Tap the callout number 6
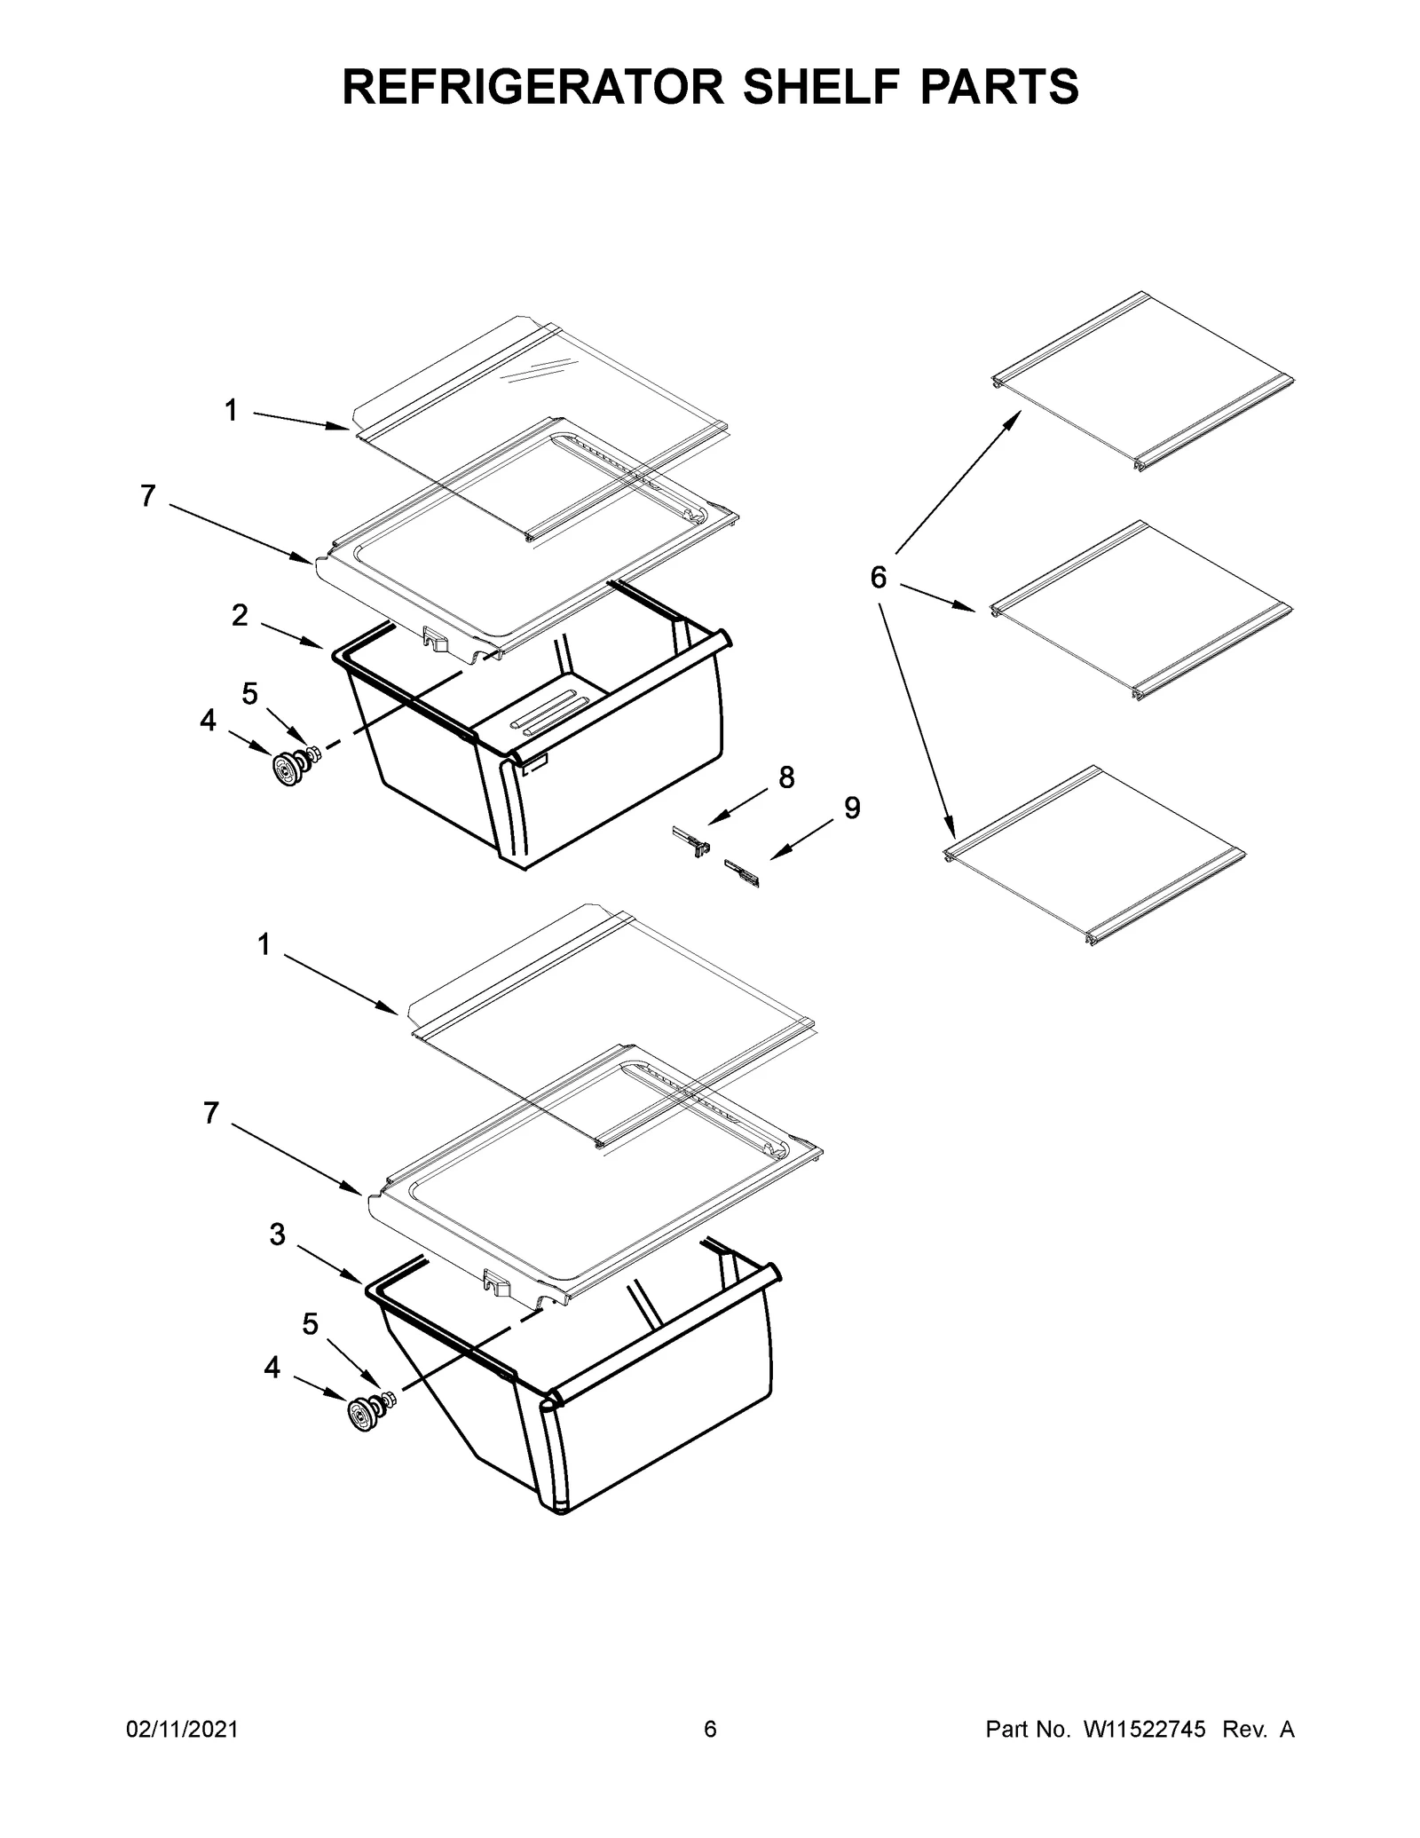tap(877, 579)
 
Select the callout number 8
tap(786, 777)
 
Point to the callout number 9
tap(851, 809)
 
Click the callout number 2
tap(240, 615)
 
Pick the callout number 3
tap(278, 1234)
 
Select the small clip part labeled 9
tap(743, 873)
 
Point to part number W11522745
tap(1142, 1754)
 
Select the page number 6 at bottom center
tap(709, 1754)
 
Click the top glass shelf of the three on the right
tap(1142, 382)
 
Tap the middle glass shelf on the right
tap(1140, 612)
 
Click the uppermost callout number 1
tap(231, 411)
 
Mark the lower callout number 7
tap(210, 1113)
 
